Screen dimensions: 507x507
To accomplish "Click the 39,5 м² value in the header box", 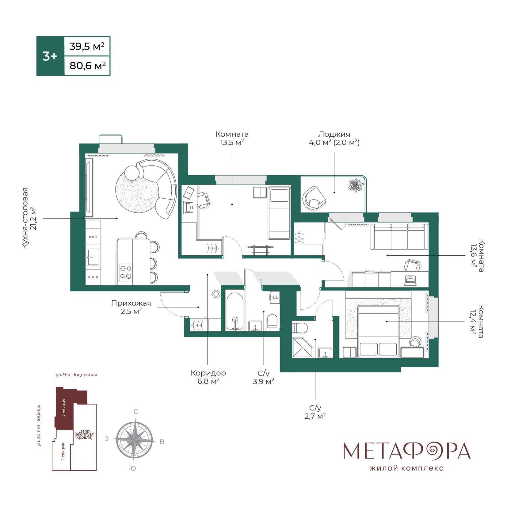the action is click(x=87, y=47).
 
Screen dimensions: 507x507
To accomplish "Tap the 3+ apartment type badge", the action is click(x=50, y=56).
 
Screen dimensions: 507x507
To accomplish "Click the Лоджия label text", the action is click(x=334, y=134).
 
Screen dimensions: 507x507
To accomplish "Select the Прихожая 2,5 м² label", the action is click(x=131, y=307).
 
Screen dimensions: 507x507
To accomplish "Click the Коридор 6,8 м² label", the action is click(x=208, y=377).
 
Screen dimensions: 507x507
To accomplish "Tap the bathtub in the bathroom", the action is click(x=235, y=311).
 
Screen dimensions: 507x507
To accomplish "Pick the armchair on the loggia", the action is click(x=314, y=198).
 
